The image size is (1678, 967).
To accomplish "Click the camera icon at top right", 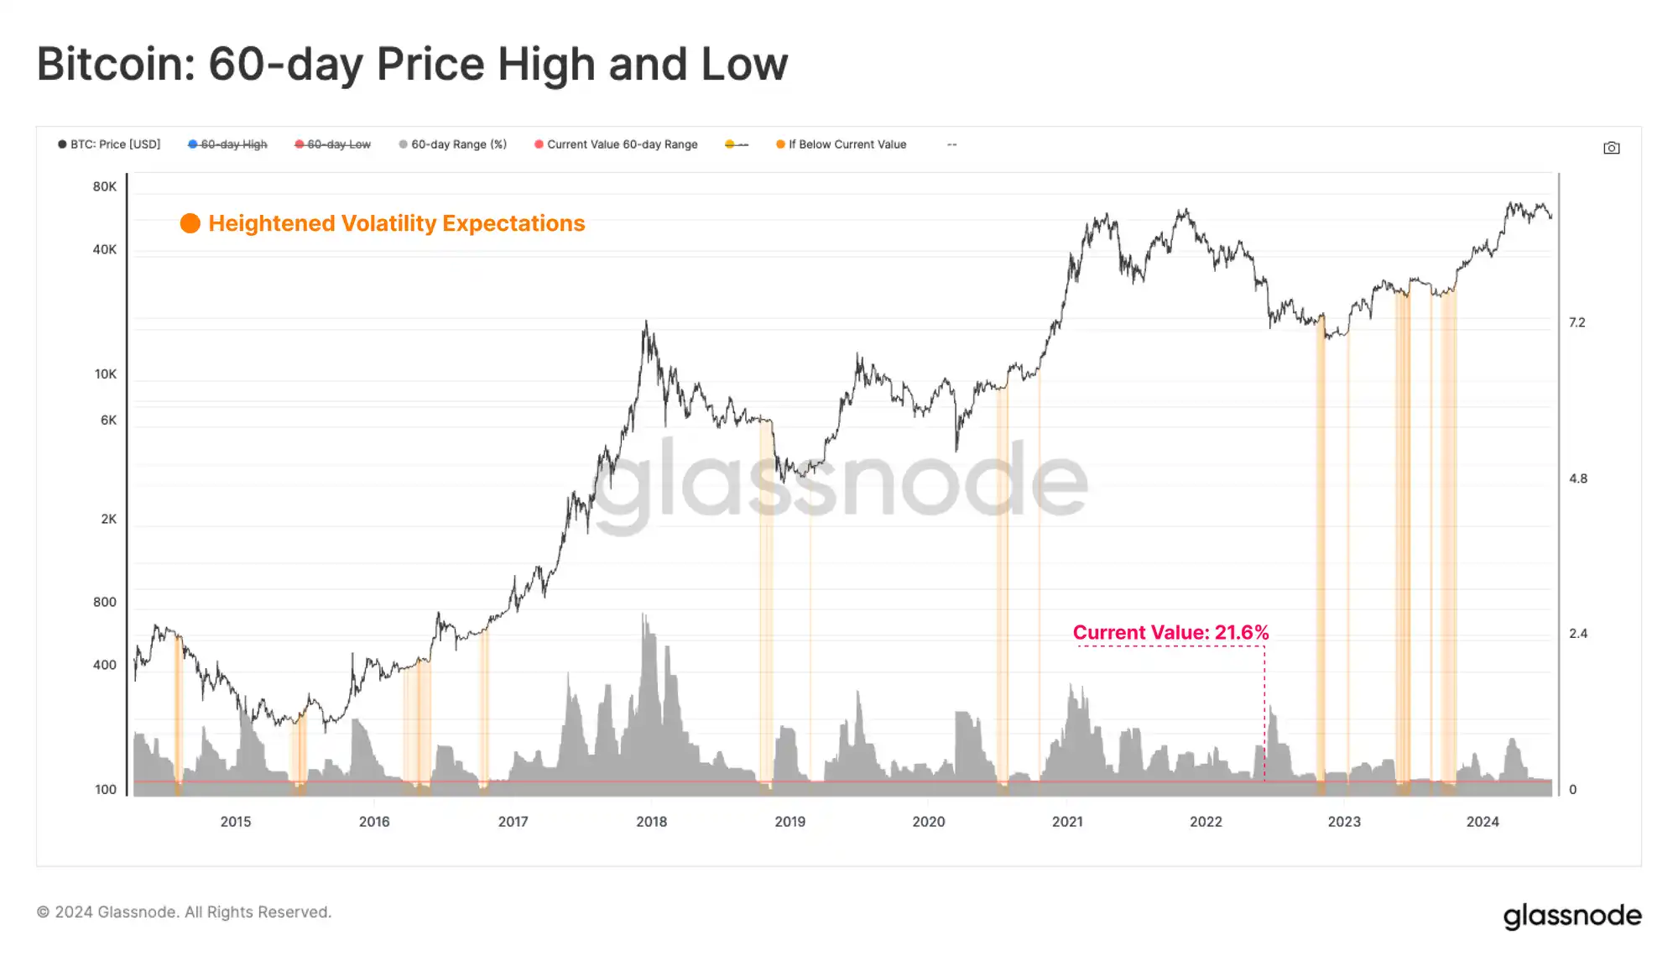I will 1611,148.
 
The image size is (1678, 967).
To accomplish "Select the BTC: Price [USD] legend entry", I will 109,144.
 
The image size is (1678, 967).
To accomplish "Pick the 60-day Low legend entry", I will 333,144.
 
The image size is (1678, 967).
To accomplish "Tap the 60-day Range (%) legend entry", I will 453,144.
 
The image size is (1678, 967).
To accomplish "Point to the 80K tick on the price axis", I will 105,186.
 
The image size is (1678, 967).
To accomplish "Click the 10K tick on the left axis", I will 105,374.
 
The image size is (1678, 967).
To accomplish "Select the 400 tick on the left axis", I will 105,665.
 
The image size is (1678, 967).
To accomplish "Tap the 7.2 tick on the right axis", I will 1577,322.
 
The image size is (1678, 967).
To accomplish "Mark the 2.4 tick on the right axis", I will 1577,634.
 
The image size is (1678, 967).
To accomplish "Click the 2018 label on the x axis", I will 651,822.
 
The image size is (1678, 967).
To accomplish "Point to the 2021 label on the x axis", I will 1067,822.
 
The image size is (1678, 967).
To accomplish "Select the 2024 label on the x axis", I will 1483,822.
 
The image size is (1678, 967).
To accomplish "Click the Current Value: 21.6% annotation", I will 1170,633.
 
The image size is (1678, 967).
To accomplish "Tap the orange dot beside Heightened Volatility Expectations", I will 190,223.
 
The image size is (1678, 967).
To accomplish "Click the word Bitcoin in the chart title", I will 115,65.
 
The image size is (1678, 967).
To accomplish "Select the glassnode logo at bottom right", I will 1571,916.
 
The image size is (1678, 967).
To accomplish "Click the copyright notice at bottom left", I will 185,912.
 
